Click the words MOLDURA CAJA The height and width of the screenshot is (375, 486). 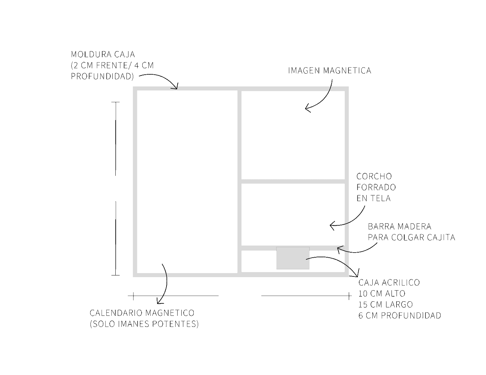pos(103,54)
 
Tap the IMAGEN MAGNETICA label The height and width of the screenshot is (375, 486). pos(330,71)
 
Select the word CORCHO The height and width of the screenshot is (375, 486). pos(374,177)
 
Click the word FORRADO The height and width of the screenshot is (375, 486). pos(376,187)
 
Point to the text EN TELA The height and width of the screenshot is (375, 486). pos(374,198)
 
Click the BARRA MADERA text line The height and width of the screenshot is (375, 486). pos(400,227)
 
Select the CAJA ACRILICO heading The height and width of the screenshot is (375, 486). pos(389,283)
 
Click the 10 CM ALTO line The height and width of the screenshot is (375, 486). pos(382,294)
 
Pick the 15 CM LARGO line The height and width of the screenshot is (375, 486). pos(385,305)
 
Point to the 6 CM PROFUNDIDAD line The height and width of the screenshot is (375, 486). pos(400,315)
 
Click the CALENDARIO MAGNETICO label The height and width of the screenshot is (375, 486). pos(142,313)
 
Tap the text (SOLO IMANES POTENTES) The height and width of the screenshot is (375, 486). pos(144,324)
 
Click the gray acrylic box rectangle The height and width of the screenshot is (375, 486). pos(293,258)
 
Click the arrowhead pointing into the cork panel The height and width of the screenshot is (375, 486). pos(332,225)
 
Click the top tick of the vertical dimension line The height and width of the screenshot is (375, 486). pos(116,102)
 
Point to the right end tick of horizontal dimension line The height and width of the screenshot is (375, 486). pos(349,296)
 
